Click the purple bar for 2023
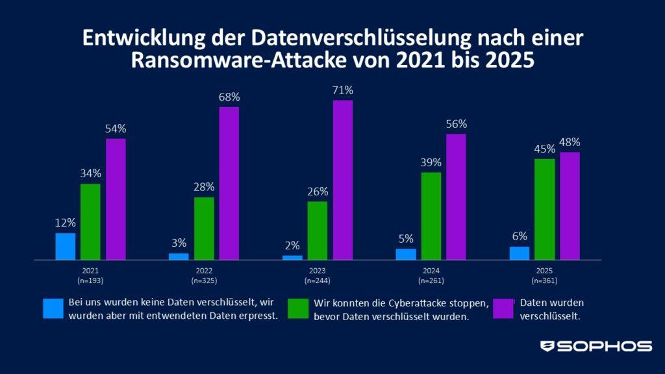click(343, 180)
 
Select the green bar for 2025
click(544, 209)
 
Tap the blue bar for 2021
click(66, 246)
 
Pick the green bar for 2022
click(204, 228)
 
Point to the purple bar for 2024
click(457, 197)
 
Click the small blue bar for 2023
click(292, 257)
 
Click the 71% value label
click(343, 90)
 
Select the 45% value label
click(544, 149)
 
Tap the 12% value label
click(66, 223)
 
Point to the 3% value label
click(179, 243)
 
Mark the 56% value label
click(457, 124)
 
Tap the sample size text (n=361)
click(544, 280)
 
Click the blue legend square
click(53, 308)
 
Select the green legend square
click(297, 308)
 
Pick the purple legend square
click(503, 308)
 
